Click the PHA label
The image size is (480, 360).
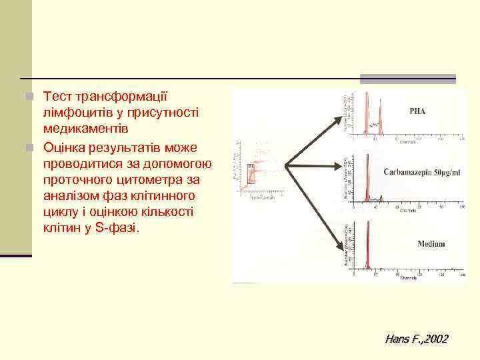417,111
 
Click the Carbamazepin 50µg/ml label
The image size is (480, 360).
421,172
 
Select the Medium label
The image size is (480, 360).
431,244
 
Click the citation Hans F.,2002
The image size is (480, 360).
416,339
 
